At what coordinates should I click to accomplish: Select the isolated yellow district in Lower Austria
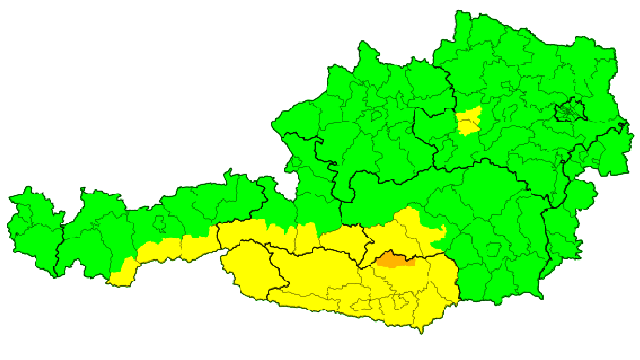point(469,121)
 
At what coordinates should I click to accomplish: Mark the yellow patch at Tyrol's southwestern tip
point(118,277)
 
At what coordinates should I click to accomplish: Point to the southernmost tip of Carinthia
point(420,330)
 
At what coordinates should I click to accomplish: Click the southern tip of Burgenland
point(543,297)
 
